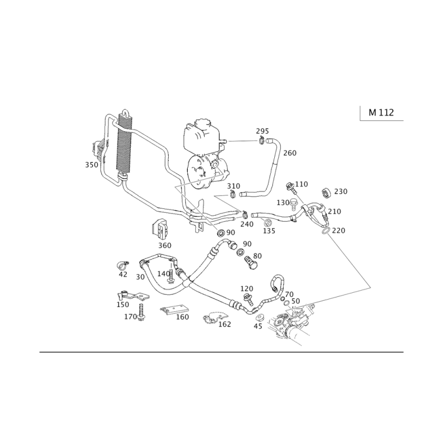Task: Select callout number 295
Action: (262, 130)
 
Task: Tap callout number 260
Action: (290, 153)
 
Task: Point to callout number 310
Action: (233, 186)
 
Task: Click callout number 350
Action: (92, 165)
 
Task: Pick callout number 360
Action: (165, 245)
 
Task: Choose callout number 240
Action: (247, 224)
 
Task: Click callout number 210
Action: (334, 211)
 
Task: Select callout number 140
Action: (164, 273)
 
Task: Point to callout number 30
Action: (140, 277)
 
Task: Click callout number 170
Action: (130, 317)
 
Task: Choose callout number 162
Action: (226, 323)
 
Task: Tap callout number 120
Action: (247, 289)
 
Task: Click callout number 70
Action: (289, 294)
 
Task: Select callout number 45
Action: (123, 274)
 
